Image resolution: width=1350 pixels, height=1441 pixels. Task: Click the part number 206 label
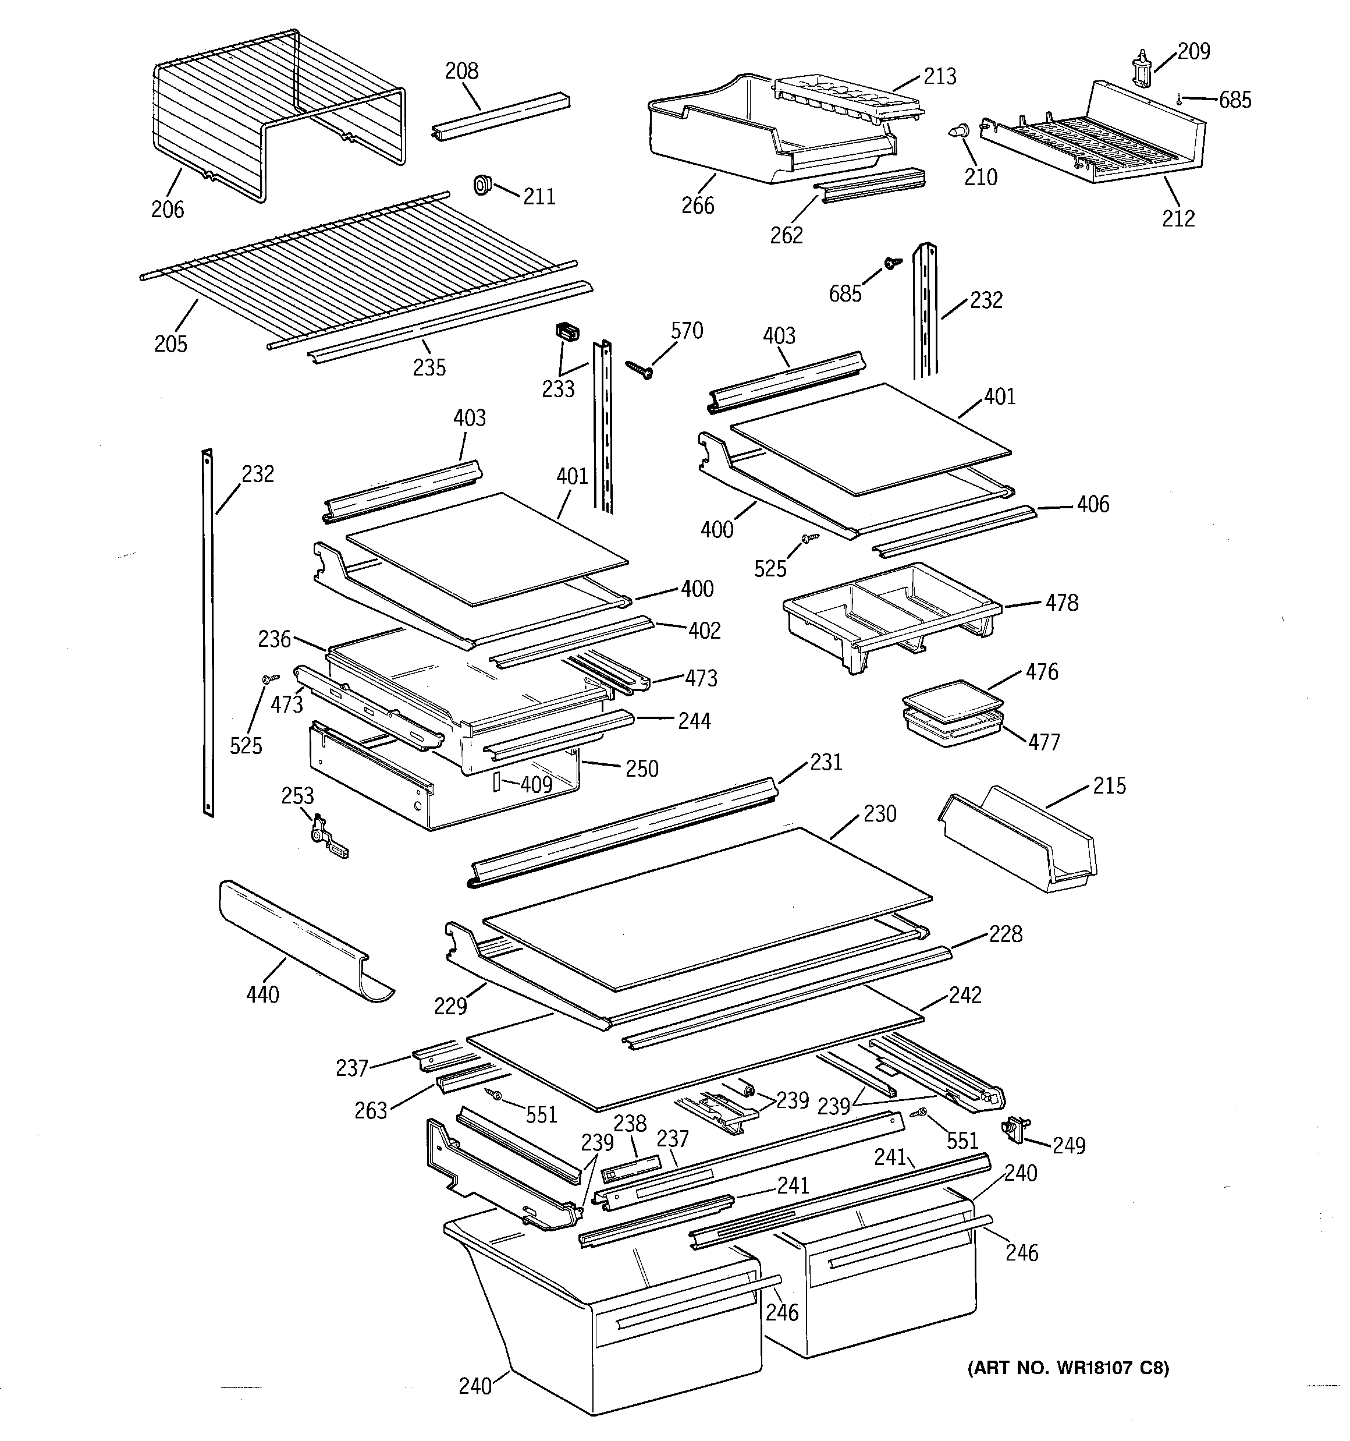(168, 210)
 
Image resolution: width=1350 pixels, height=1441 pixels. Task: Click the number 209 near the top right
(1193, 51)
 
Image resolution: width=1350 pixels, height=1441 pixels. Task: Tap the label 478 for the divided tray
(1061, 603)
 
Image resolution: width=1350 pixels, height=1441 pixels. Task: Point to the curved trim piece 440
(304, 941)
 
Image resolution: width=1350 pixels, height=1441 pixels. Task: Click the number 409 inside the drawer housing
(537, 784)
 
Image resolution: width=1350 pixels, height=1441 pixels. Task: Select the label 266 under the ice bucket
(697, 206)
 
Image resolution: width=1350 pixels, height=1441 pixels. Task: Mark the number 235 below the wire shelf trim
(429, 367)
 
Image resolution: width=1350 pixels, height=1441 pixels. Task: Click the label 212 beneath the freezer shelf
(1178, 218)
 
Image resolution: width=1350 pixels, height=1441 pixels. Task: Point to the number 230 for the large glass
(880, 814)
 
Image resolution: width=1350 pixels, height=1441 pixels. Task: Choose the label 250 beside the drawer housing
(641, 769)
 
